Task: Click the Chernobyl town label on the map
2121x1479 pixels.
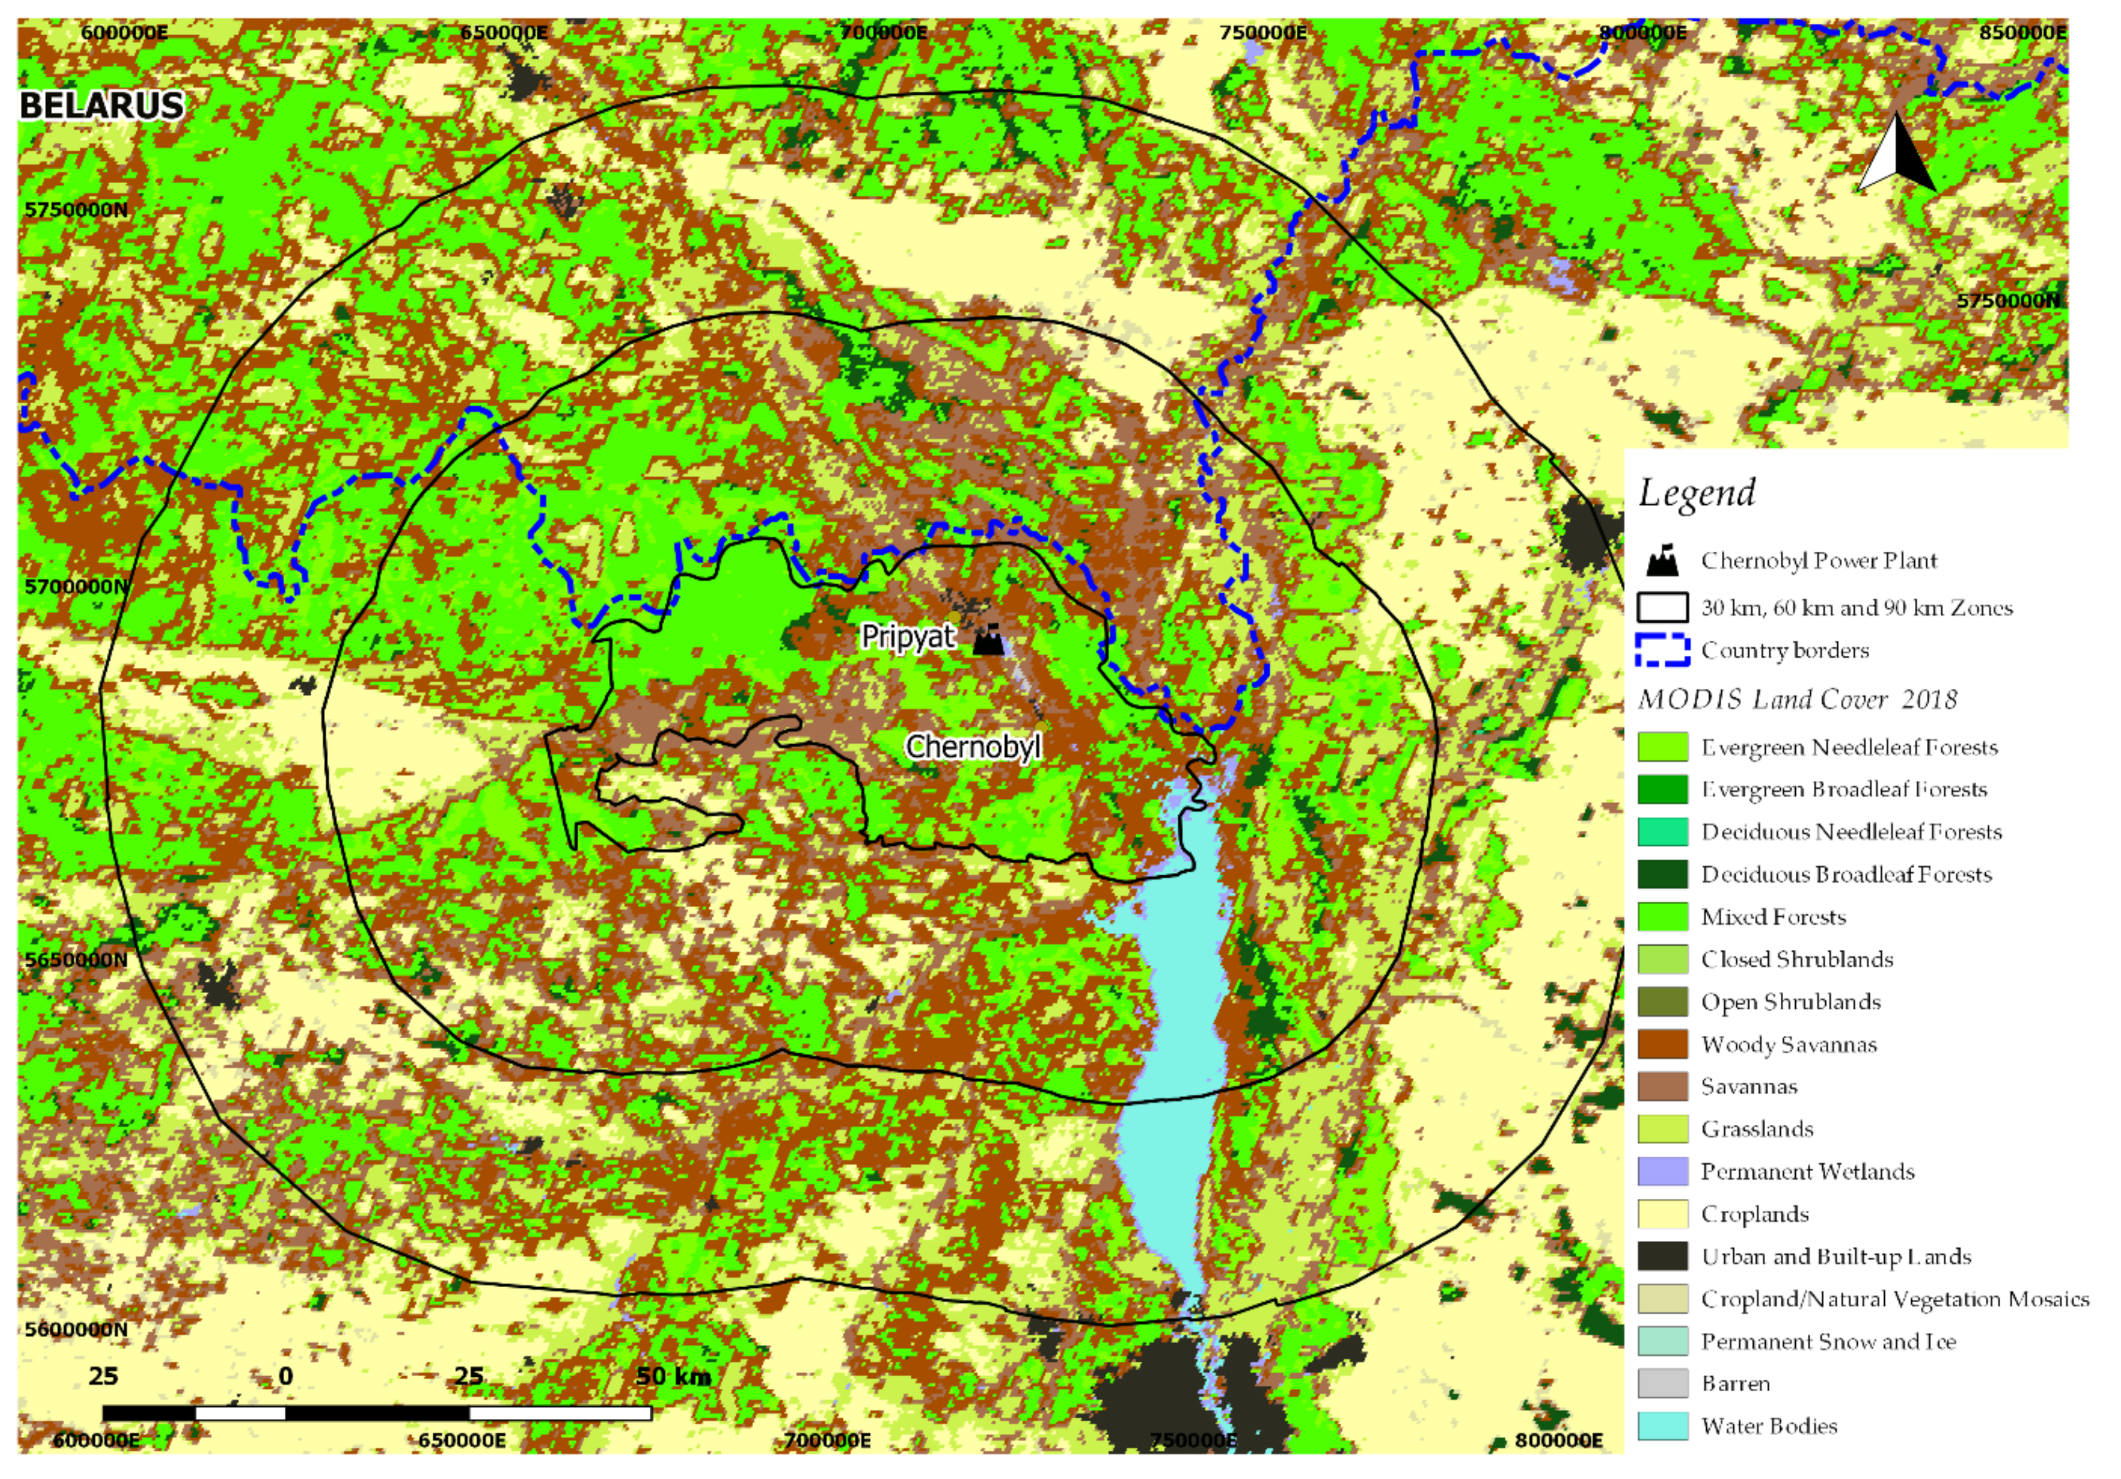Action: [973, 745]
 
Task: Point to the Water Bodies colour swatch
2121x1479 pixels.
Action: [1662, 1425]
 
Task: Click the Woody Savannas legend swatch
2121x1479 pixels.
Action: [1662, 1044]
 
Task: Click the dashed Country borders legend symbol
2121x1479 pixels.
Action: [1662, 649]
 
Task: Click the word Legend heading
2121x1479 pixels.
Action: [1696, 492]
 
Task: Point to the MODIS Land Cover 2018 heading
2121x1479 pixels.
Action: [1797, 698]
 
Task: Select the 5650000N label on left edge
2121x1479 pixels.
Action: [76, 959]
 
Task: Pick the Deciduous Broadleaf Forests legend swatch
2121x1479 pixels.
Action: [1662, 874]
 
